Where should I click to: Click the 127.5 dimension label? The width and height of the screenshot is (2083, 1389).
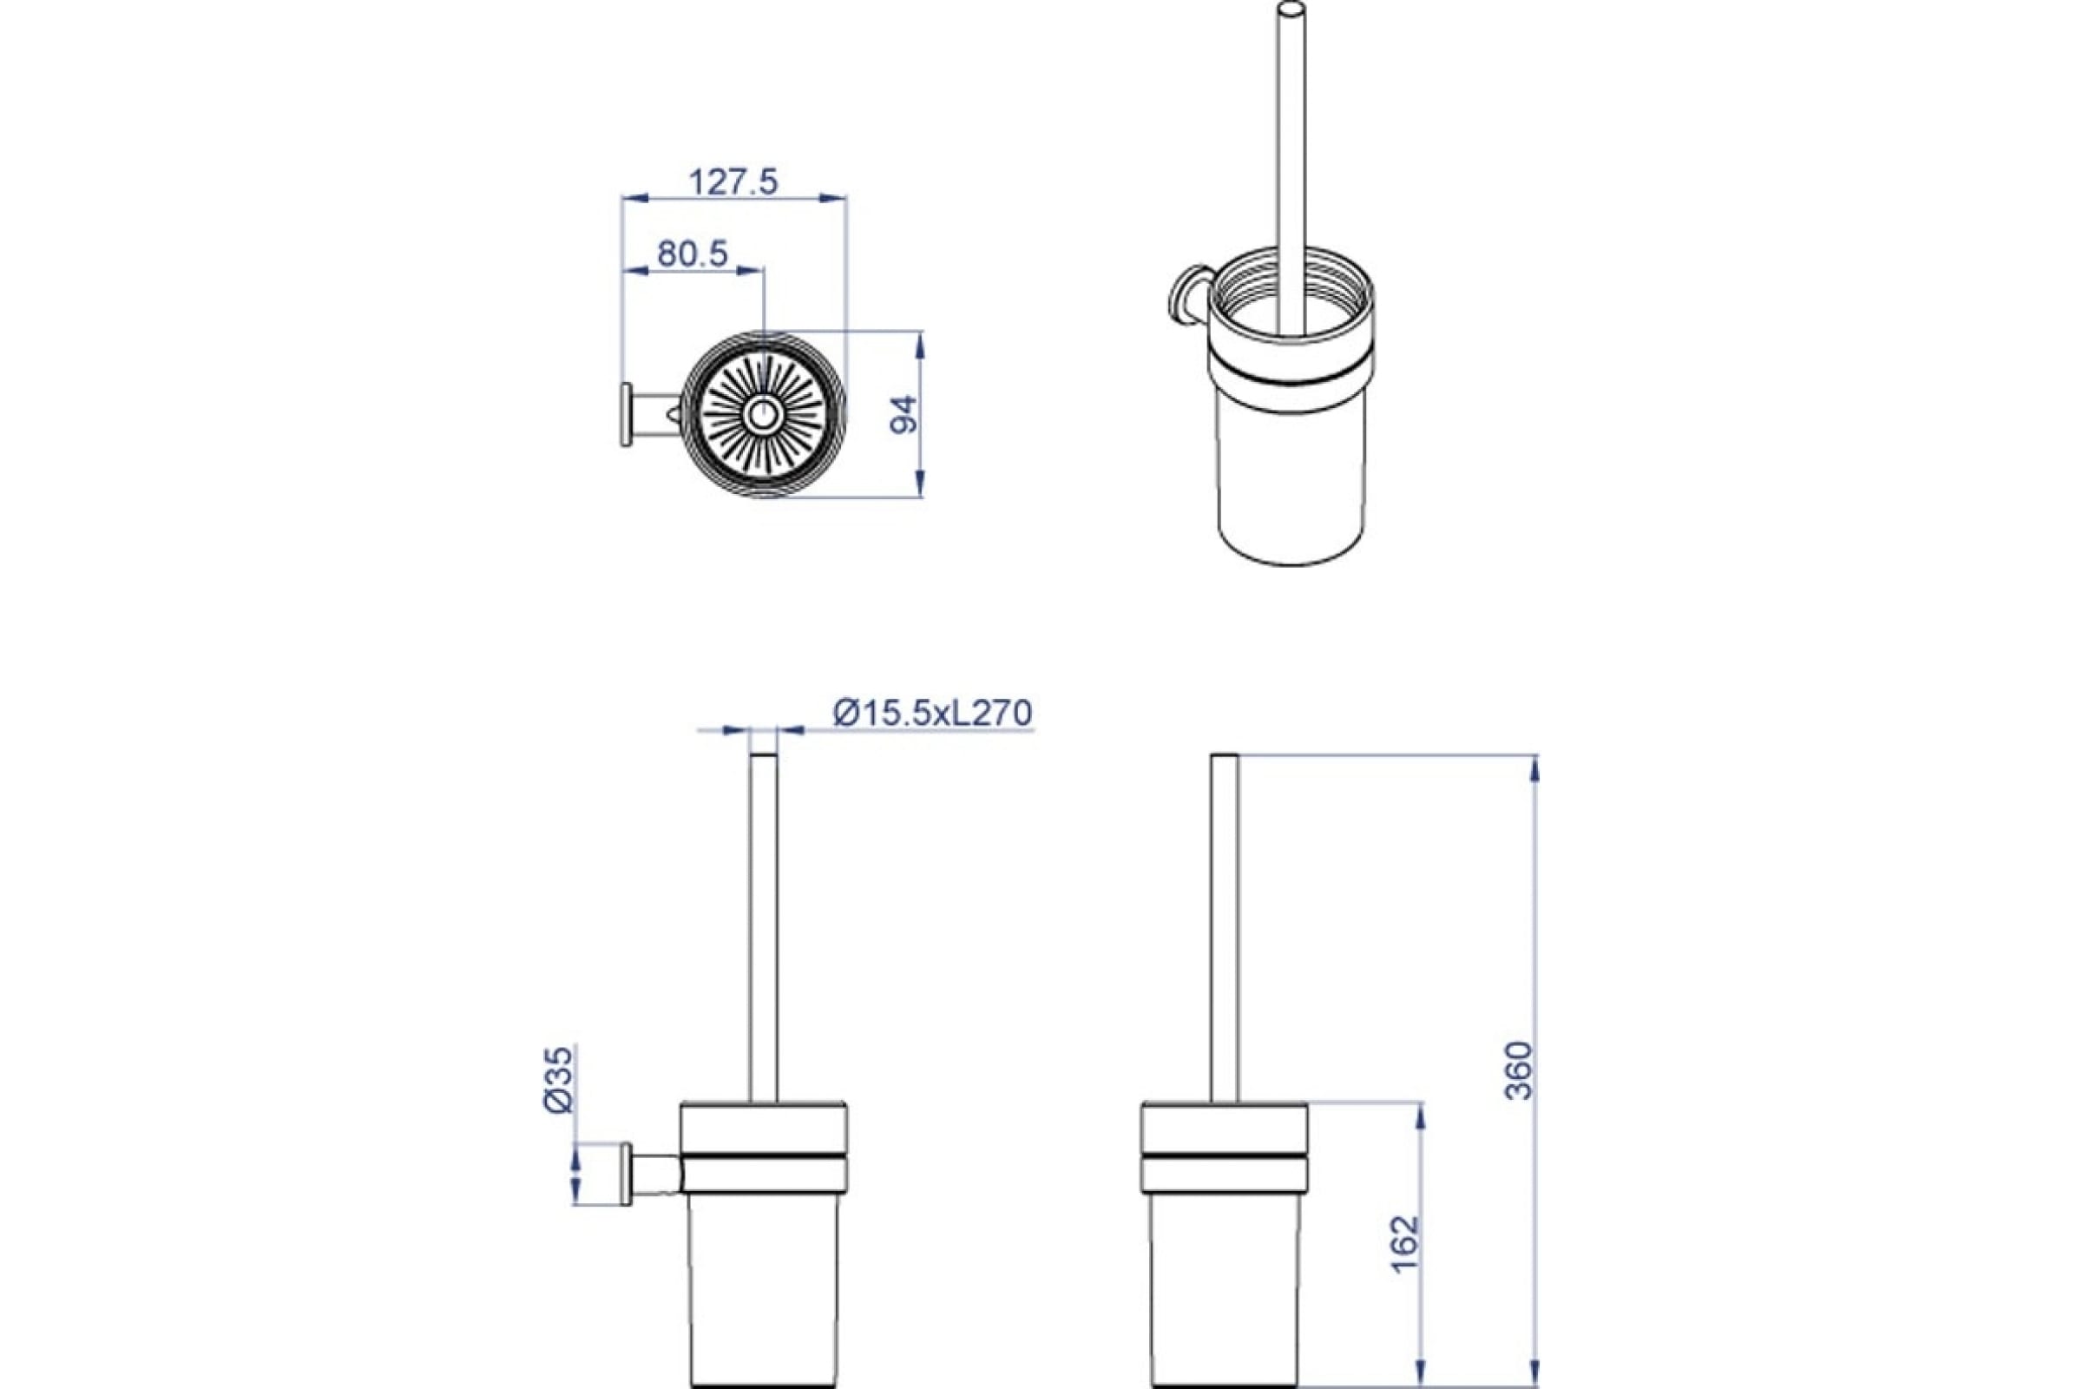[733, 182]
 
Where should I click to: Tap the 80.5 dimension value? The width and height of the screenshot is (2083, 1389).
[692, 254]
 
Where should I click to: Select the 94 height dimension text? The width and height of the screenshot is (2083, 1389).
[904, 414]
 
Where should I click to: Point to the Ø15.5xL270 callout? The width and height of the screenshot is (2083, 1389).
[932, 712]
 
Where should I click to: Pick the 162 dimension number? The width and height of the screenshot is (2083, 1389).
[1404, 1243]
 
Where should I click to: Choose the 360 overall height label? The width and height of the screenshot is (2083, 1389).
[1518, 1070]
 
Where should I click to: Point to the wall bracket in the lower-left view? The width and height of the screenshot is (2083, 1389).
[653, 1173]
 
